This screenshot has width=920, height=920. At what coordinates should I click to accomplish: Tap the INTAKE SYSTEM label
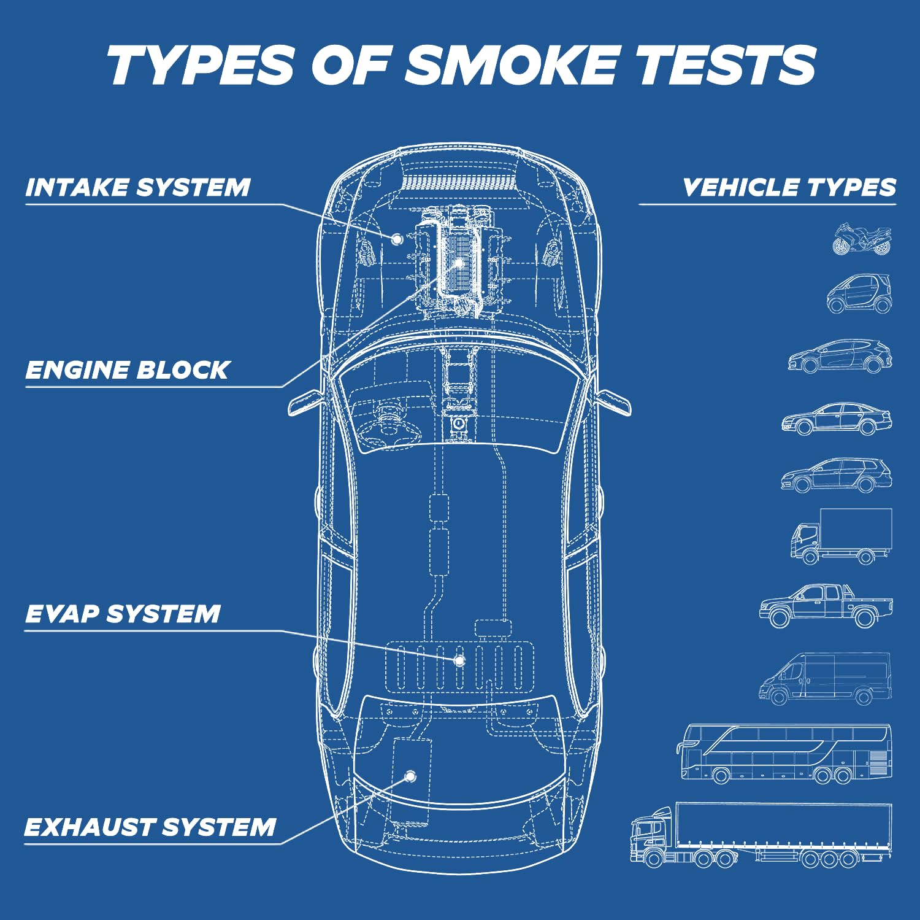coord(138,187)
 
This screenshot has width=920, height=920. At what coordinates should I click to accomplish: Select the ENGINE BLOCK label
coord(128,370)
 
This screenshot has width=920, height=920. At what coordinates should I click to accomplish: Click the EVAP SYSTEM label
coord(123,614)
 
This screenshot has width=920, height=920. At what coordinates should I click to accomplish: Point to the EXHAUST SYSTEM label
coord(150,827)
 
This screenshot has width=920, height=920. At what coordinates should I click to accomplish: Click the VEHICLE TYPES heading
coord(789,187)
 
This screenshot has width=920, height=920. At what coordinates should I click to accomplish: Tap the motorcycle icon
coord(862,239)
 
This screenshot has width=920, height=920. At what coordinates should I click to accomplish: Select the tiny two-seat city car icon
coord(859,294)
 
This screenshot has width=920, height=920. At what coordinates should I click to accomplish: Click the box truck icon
coord(841,536)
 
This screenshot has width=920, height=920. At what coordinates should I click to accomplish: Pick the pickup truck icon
coord(826,606)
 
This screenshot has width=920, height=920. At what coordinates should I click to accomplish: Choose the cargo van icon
coord(825,679)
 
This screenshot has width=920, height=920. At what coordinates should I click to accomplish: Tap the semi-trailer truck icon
coord(761,834)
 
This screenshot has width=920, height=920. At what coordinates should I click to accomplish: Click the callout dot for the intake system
coord(397,238)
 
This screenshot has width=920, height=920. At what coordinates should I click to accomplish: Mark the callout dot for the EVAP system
coord(459,660)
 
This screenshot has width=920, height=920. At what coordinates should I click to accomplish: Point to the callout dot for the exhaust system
coord(410,776)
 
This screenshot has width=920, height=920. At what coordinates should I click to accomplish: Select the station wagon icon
coord(837,476)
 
